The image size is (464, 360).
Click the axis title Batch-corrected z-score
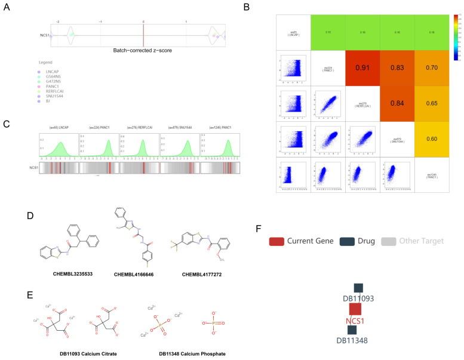143,50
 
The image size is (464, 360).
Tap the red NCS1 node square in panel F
355,309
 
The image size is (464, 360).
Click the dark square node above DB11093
358,288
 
